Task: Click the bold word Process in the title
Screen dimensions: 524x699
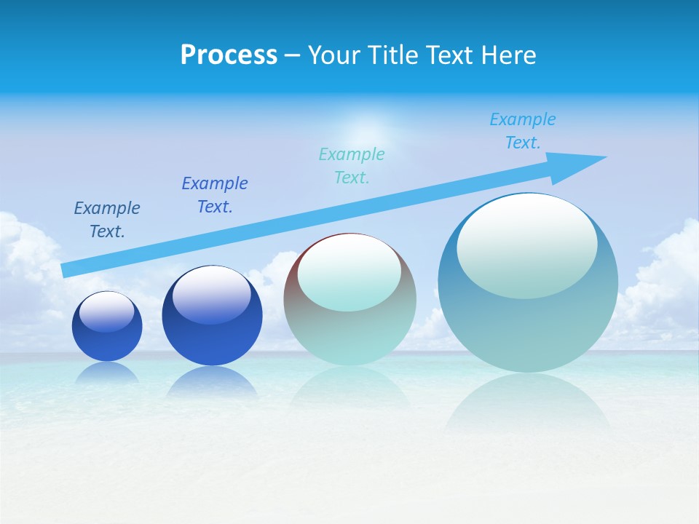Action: tap(229, 55)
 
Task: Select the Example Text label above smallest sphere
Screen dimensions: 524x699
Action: tap(107, 220)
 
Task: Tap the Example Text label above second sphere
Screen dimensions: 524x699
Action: tap(215, 195)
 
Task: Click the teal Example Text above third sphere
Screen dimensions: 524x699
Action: tap(352, 166)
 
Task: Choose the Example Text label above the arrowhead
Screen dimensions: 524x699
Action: tap(523, 131)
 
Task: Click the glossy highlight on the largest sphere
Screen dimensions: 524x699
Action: tap(526, 246)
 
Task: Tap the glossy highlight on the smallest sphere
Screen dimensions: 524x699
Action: tap(107, 311)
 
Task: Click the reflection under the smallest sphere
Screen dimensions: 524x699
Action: tap(107, 373)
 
